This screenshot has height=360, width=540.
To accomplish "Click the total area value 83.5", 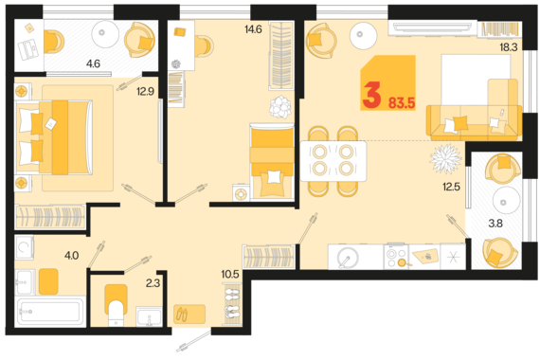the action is [402, 102].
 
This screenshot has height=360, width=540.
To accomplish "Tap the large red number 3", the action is [371, 95].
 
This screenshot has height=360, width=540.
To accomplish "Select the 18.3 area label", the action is [509, 47].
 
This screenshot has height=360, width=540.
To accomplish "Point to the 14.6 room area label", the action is [254, 29].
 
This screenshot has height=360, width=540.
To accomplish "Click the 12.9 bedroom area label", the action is [145, 92].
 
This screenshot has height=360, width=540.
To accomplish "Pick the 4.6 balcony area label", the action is [93, 63].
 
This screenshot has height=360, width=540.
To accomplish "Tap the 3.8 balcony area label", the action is [495, 224].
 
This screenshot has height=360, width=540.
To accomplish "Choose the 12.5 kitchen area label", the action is [452, 187].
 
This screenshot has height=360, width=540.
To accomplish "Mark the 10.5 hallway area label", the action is [230, 274].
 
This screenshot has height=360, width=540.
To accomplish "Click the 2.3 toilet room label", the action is [153, 283].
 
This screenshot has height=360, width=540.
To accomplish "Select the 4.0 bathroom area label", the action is [72, 255].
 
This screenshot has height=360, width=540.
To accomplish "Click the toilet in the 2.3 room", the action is [117, 305].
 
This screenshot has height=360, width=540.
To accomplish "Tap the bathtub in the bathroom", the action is [50, 312].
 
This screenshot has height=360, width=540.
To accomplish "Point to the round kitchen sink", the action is [347, 258].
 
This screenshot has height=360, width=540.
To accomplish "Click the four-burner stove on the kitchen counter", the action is [396, 257].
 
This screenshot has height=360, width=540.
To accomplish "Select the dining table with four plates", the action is [333, 161].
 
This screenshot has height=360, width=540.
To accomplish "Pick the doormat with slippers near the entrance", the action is [189, 314].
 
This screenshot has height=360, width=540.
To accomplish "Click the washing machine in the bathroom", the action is [25, 247].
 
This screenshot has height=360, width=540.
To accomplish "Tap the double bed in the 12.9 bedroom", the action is [54, 137].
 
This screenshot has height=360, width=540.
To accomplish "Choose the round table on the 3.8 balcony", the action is [506, 201].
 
